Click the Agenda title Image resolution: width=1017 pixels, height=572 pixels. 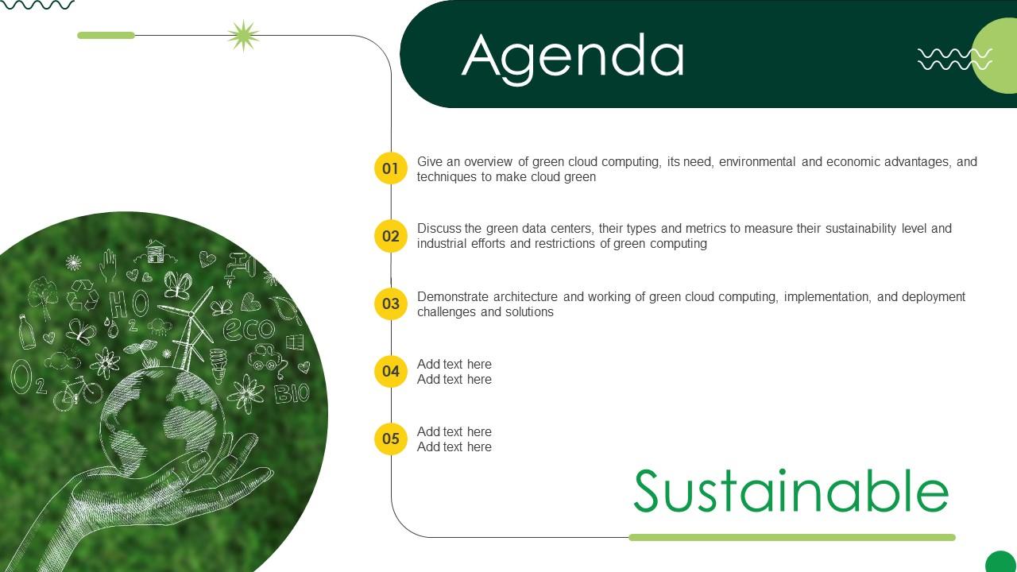coord(573,56)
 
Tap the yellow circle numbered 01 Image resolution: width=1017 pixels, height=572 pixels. coord(390,168)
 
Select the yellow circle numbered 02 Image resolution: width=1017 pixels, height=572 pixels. coord(390,236)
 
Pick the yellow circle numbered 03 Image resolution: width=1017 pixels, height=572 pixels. coord(390,303)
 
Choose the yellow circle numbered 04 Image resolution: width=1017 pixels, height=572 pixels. coord(390,371)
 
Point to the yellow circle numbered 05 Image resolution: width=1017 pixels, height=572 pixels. coord(390,439)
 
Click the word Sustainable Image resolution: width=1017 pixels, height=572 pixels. coord(791,492)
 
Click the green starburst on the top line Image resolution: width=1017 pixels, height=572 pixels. coord(243,36)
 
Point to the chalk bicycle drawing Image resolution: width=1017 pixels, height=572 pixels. coord(77,392)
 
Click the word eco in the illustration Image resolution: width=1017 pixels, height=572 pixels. coord(248,328)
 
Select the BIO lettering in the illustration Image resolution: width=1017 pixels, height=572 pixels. coord(291,392)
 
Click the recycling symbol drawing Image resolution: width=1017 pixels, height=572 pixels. coord(82,295)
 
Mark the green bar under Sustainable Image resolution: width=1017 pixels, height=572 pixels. coord(791,538)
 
